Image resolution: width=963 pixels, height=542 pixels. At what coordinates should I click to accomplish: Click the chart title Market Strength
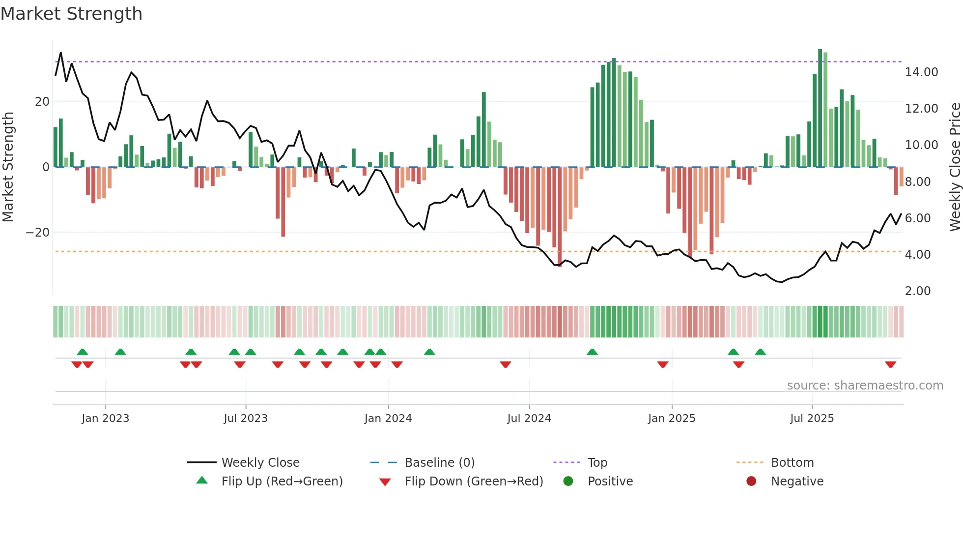point(71,14)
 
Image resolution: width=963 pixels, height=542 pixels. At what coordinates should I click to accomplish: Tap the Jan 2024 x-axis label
point(388,419)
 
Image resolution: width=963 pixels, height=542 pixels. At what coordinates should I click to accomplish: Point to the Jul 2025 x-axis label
point(812,419)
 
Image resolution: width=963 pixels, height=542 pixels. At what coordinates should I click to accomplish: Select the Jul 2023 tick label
point(245,419)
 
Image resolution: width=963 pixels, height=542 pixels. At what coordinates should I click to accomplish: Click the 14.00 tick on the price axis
point(921,72)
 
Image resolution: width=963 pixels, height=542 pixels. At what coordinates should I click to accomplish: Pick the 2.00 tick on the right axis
point(917,291)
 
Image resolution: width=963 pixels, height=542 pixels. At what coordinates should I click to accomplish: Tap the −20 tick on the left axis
point(38,233)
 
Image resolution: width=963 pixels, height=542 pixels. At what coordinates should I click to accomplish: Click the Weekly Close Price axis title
point(955,167)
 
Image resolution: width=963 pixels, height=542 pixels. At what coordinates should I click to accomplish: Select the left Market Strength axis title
point(8,167)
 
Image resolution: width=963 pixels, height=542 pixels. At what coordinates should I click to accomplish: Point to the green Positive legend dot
point(568,482)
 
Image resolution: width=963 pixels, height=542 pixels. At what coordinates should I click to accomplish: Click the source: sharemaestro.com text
point(865,386)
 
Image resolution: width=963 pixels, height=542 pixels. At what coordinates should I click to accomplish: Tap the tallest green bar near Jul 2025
point(820,108)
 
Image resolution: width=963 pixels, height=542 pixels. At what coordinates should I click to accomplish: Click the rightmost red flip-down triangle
point(890,364)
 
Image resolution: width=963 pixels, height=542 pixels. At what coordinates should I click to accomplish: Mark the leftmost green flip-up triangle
point(83,352)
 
